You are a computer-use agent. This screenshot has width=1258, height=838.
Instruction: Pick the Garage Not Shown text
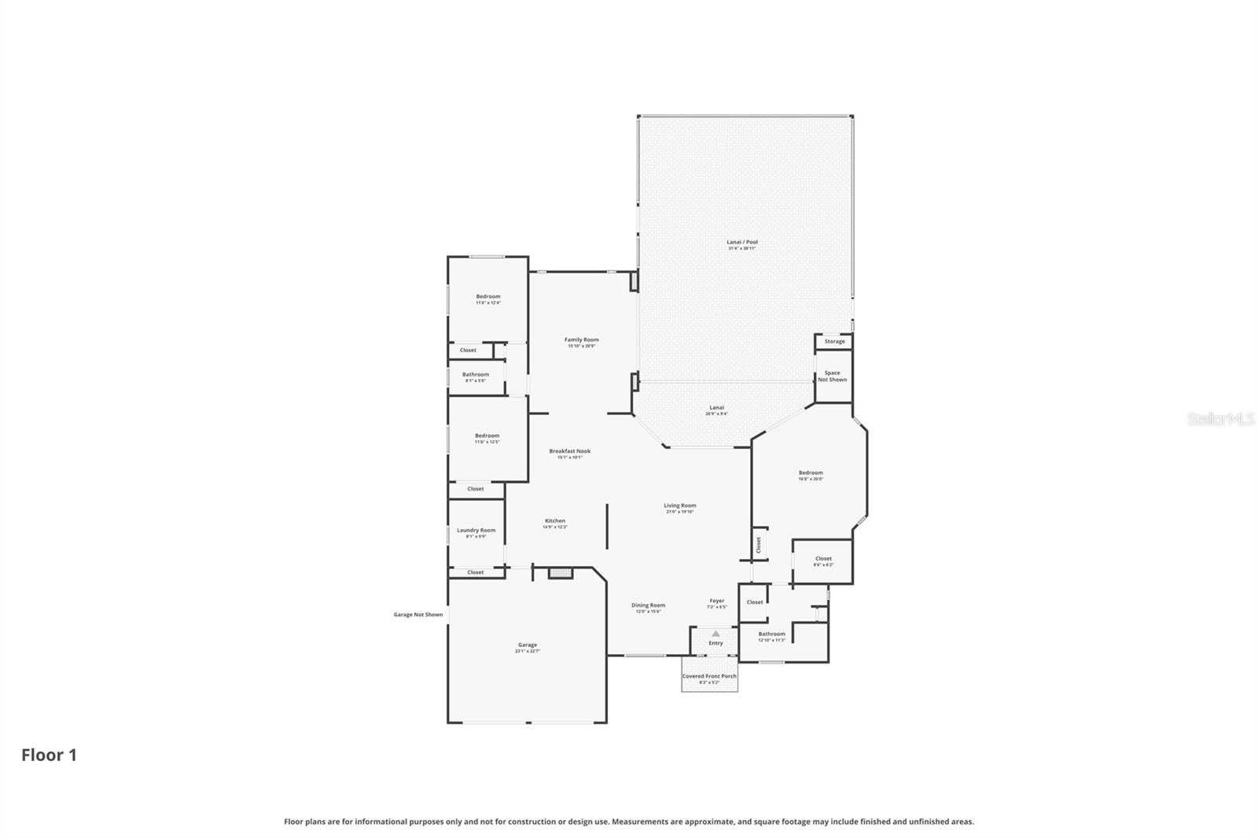coord(417,615)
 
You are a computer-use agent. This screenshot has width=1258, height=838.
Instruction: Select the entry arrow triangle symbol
coord(715,633)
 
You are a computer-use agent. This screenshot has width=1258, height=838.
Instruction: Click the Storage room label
coord(834,341)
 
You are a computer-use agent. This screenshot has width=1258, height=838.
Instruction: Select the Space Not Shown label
coord(832,376)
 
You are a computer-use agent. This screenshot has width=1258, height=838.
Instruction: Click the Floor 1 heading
coord(49,755)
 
